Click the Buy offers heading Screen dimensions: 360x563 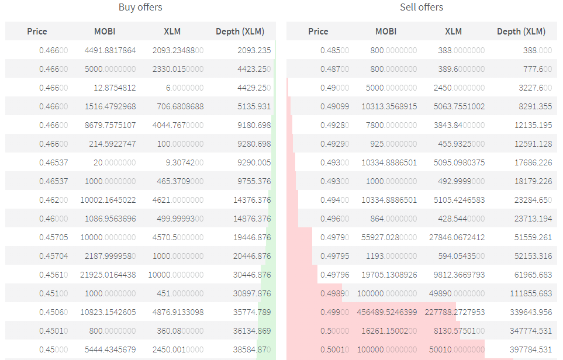pyautogui.click(x=140, y=8)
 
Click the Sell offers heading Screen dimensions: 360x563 pyautogui.click(x=422, y=8)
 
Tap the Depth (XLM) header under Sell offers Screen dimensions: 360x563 pyautogui.click(x=521, y=32)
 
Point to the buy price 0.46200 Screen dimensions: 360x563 pyautogui.click(x=53, y=200)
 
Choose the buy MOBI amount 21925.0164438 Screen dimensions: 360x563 pyautogui.click(x=108, y=275)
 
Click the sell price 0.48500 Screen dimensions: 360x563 pyautogui.click(x=334, y=50)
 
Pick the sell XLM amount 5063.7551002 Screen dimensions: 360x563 pyautogui.click(x=459, y=106)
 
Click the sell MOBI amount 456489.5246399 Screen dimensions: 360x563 pyautogui.click(x=387, y=312)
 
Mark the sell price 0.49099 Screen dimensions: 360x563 pyautogui.click(x=334, y=106)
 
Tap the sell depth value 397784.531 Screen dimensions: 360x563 pyautogui.click(x=528, y=349)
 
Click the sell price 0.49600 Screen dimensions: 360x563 pyautogui.click(x=334, y=219)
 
